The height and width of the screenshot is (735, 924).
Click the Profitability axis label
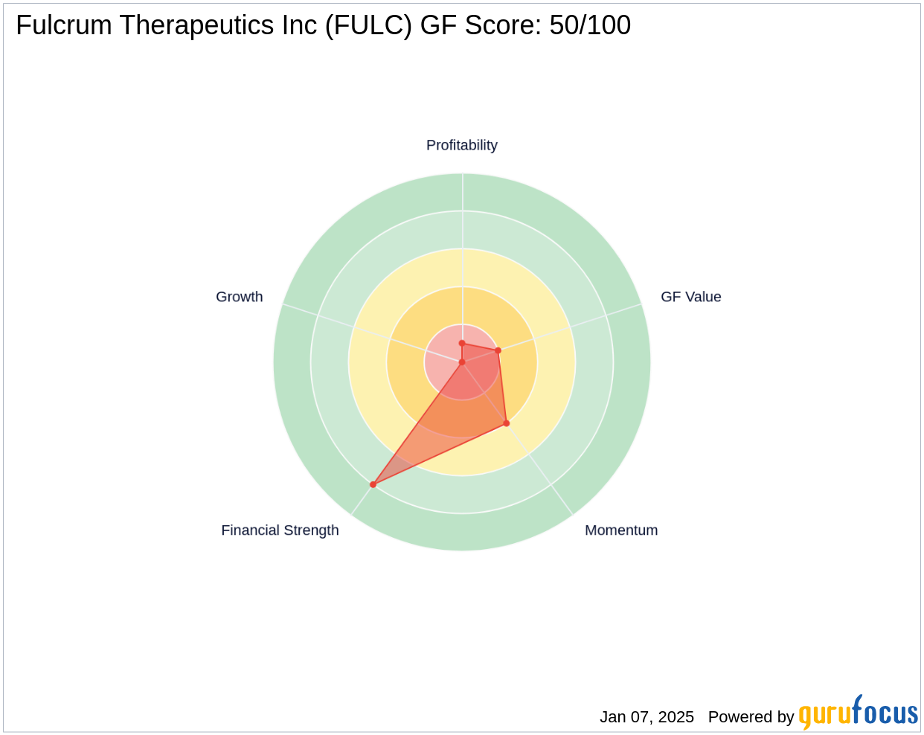[461, 145]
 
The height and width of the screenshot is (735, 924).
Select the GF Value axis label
[690, 297]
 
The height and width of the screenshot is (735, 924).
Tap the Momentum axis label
[621, 530]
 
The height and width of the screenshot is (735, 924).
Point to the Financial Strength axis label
[280, 530]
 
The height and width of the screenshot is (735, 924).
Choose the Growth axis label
[239, 297]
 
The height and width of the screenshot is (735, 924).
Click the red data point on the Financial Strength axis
[373, 484]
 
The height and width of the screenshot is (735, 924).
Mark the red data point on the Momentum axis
[507, 423]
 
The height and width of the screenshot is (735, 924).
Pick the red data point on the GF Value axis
[498, 350]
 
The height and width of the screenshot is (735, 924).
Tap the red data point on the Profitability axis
[462, 344]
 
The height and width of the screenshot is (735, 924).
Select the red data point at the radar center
[462, 362]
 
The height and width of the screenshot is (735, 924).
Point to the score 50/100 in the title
[590, 26]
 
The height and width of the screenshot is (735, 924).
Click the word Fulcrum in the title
[64, 26]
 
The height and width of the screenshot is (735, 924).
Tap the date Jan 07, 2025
[647, 716]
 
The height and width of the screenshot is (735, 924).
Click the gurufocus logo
[858, 713]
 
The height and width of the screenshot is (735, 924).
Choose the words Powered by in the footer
[751, 716]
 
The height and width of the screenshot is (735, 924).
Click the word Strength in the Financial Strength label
[310, 530]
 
